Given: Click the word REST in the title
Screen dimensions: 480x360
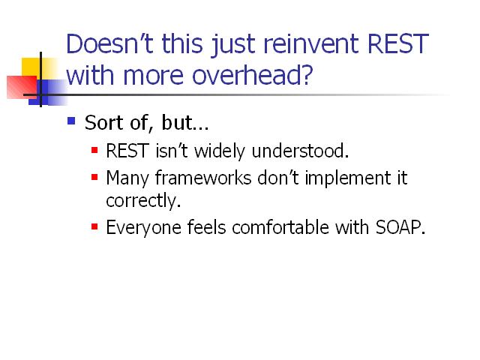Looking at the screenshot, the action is (397, 43).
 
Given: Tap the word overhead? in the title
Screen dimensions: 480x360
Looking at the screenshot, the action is (253, 75).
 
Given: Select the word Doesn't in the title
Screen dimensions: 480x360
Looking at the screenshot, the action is (109, 43).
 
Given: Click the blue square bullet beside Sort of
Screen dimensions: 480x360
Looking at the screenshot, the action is (71, 121).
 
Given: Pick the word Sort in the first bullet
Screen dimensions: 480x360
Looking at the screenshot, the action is (103, 122).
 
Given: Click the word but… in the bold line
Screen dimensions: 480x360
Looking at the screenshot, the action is (185, 122).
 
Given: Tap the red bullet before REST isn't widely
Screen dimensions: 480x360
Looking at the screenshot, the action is (94, 150).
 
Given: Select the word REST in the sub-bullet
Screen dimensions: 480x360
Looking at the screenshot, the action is (127, 151).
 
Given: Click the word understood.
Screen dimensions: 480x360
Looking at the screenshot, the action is (300, 151).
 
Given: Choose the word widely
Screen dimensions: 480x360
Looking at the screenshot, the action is (220, 151).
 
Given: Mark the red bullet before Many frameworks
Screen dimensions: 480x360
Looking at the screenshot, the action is (94, 177).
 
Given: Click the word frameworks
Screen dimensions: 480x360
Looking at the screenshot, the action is (203, 178).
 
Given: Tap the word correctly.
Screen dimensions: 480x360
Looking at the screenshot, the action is (143, 201).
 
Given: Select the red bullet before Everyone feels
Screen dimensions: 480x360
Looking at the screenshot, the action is (94, 226).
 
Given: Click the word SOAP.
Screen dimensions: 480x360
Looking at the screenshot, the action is (400, 227).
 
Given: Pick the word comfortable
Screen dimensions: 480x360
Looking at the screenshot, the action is (280, 227).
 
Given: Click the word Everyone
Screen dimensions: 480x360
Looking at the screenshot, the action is (143, 228).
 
